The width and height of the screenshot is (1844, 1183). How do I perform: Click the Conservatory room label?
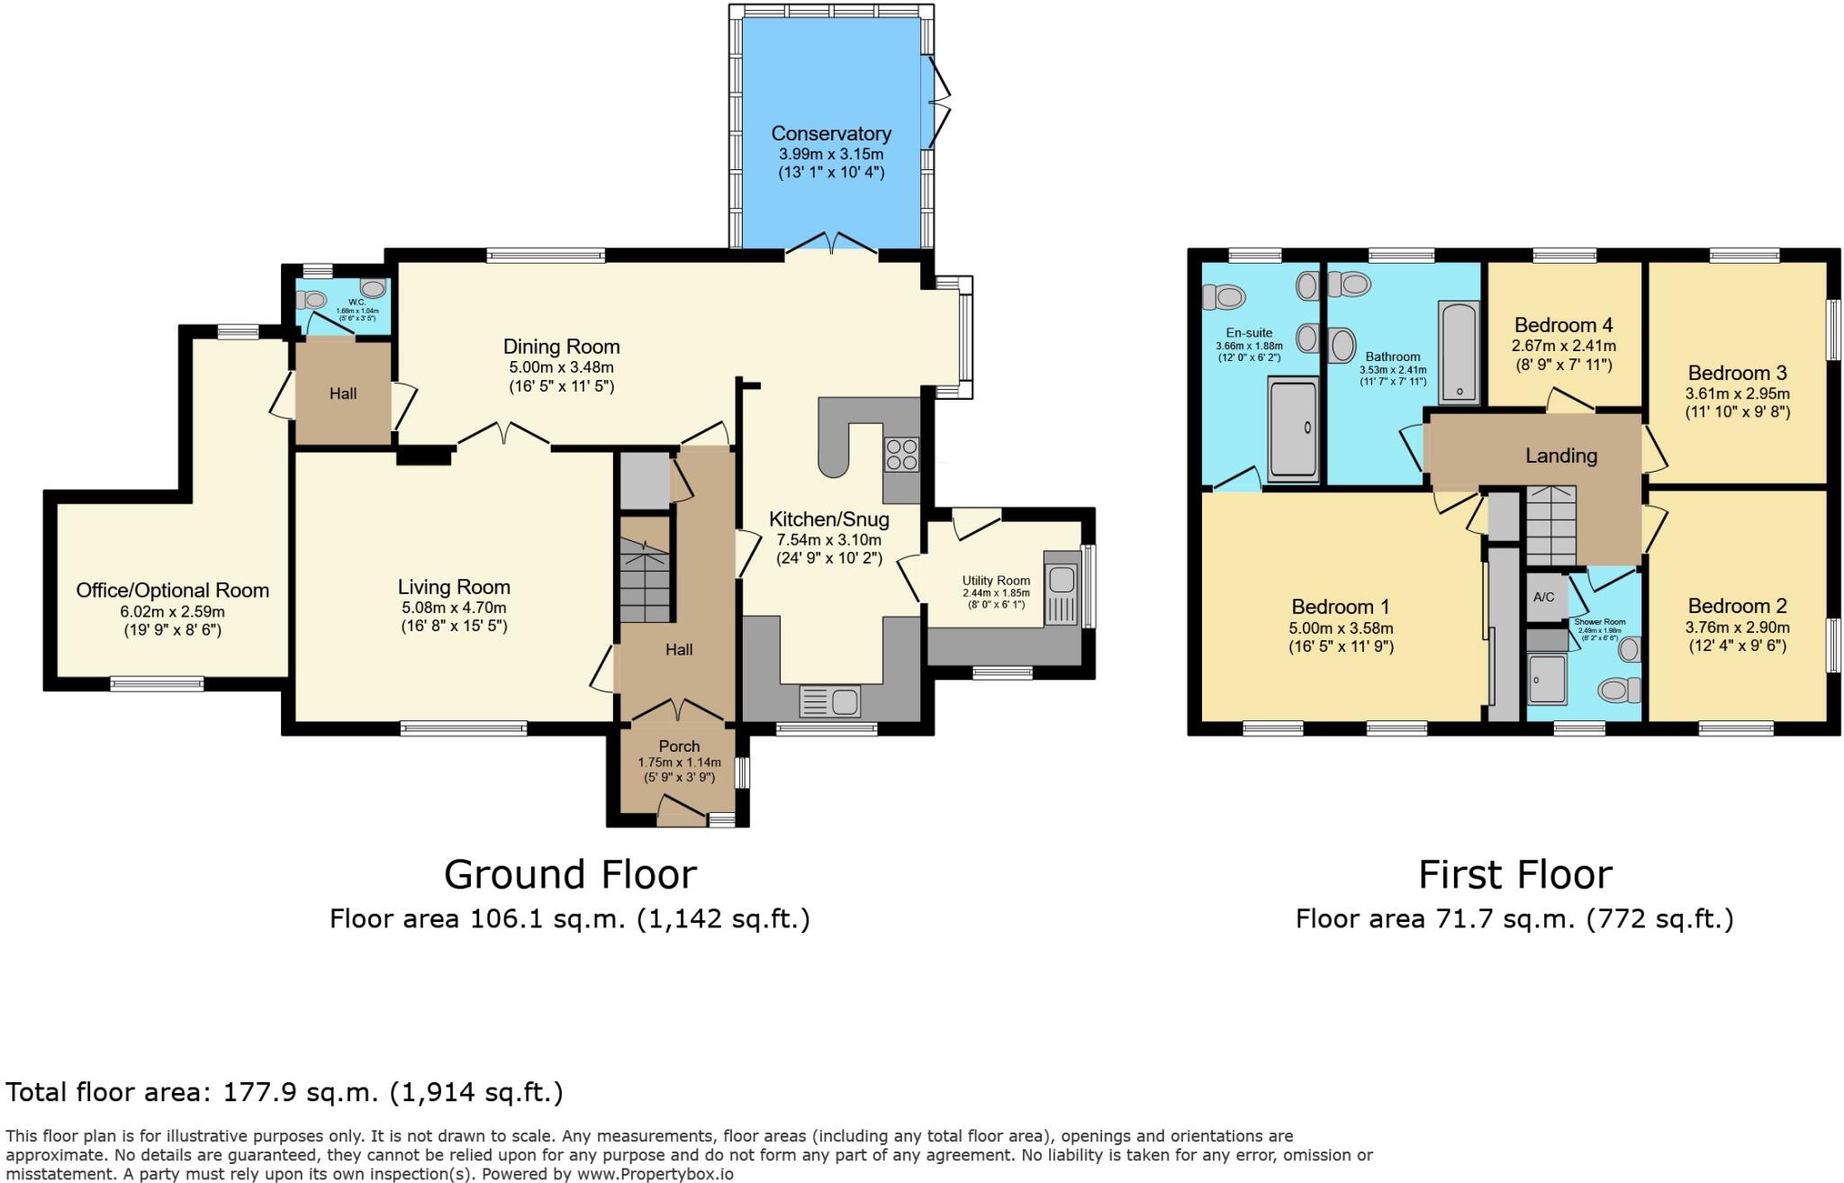(830, 133)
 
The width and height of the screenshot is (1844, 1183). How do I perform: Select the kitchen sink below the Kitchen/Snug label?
(830, 700)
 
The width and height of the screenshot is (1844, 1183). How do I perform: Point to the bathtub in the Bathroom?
(1458, 351)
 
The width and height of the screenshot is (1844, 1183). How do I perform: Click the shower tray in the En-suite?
(1294, 429)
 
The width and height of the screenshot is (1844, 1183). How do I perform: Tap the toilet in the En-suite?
(1224, 295)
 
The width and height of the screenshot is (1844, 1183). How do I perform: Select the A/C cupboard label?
(1543, 597)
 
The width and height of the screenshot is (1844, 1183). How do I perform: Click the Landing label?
(1560, 456)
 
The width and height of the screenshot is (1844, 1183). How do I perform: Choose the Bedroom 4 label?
(1563, 325)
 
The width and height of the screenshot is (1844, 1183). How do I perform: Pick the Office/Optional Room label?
(172, 591)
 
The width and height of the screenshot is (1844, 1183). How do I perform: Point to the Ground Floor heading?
(570, 874)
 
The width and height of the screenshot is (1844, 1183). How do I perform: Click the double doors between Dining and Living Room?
(503, 436)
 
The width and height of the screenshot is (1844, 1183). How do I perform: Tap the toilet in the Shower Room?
(1619, 690)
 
